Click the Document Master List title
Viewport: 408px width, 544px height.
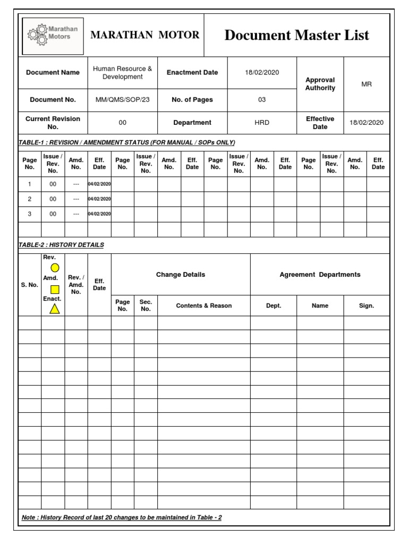[x=296, y=35]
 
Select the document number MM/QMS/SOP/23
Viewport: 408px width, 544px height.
[x=122, y=99]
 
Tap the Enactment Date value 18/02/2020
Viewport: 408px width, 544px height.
[x=262, y=72]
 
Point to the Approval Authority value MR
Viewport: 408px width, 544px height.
[x=367, y=84]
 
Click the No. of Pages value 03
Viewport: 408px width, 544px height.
[x=262, y=99]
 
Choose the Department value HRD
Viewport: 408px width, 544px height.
[x=262, y=123]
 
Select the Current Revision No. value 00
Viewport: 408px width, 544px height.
[x=122, y=123]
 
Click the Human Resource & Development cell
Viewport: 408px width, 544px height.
[x=122, y=72]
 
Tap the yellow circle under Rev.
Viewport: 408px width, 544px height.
[x=55, y=268]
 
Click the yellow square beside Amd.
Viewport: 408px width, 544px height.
[x=55, y=290]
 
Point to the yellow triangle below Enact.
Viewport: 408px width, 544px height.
[x=55, y=309]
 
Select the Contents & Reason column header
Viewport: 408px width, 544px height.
[x=203, y=305]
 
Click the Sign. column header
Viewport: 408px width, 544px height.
[x=367, y=305]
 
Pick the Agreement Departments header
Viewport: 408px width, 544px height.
[x=320, y=275]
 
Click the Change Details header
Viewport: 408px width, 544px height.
[x=181, y=275]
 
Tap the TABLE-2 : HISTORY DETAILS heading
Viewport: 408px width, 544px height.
[x=61, y=245]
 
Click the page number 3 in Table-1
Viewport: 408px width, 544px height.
[x=30, y=214]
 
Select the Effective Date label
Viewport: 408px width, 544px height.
[x=320, y=123]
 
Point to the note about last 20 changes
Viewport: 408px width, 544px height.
[x=122, y=517]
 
